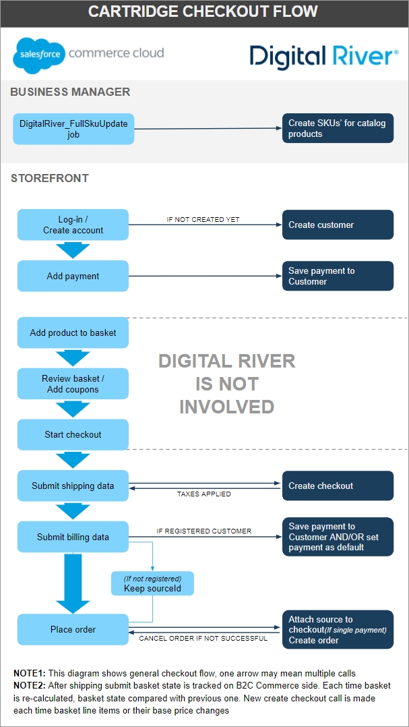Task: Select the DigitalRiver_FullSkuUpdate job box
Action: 73,129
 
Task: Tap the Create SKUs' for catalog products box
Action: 338,128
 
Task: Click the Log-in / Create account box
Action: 73,225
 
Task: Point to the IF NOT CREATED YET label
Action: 203,220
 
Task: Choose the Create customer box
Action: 338,225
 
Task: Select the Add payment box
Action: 73,276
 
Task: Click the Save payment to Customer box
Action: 338,276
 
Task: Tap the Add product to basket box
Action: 73,332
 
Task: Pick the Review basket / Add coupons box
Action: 73,384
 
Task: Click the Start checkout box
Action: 73,434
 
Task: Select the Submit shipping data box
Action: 73,486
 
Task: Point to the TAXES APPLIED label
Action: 204,494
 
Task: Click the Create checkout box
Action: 338,486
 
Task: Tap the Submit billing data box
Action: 73,537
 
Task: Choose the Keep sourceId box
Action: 152,583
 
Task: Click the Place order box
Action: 73,629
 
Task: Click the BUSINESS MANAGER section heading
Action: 70,92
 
